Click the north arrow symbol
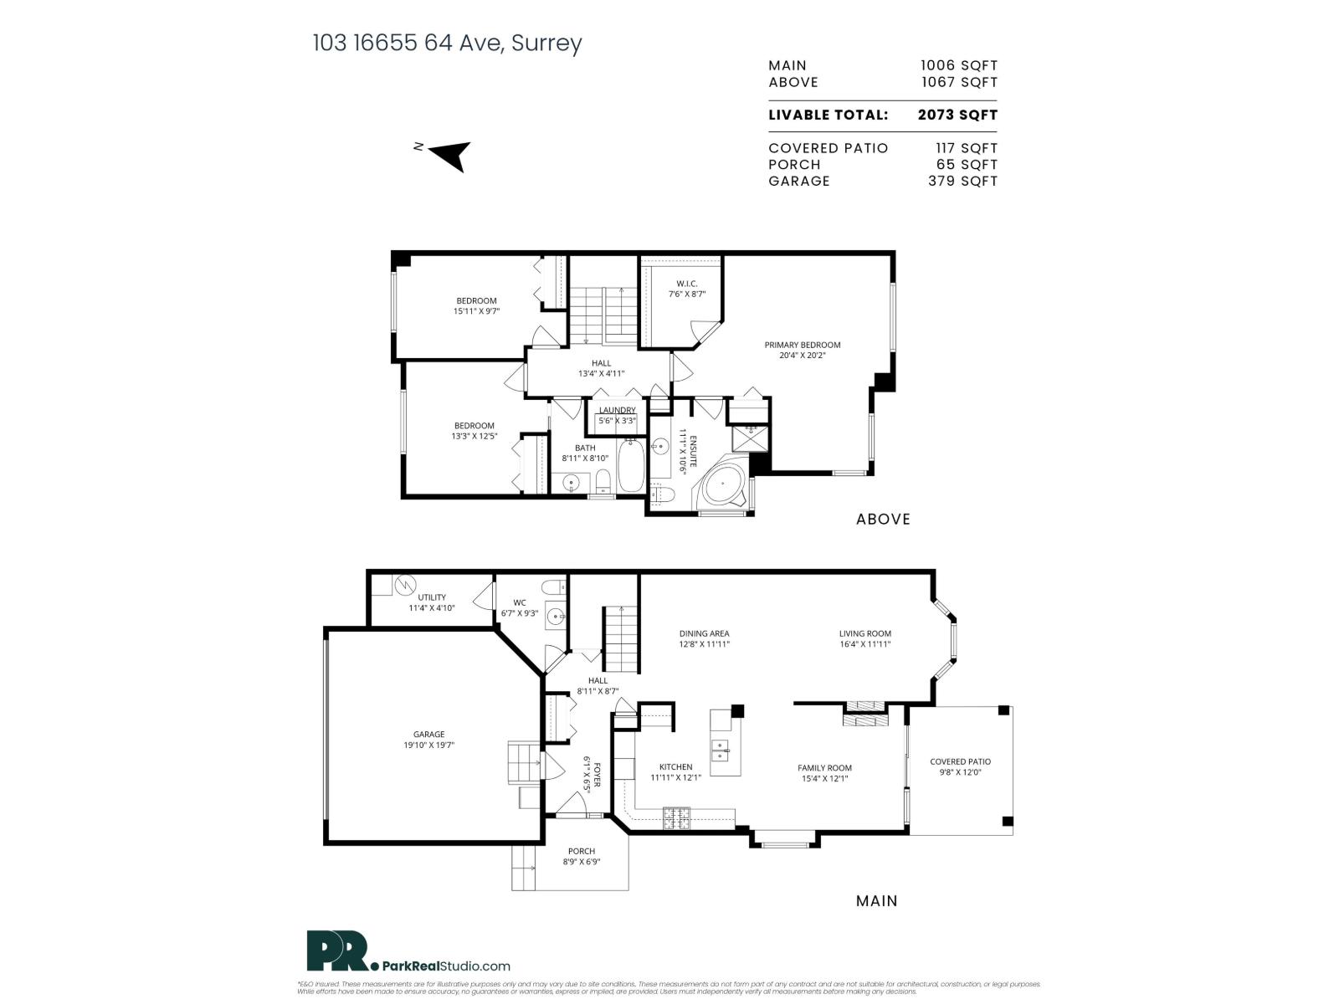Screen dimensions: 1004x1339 452,154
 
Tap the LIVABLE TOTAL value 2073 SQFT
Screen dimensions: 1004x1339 957,115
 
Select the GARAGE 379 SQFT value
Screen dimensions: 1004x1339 962,181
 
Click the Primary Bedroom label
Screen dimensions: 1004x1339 802,345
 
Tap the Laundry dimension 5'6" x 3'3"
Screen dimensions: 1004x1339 617,421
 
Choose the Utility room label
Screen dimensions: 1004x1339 432,597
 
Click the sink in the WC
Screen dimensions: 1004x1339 555,617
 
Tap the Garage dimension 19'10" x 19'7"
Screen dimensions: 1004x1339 429,745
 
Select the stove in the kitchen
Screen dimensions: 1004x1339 676,817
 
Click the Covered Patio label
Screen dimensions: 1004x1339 960,761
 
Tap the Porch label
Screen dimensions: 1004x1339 581,852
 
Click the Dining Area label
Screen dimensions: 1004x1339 704,633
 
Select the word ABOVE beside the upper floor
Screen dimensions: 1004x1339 883,520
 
